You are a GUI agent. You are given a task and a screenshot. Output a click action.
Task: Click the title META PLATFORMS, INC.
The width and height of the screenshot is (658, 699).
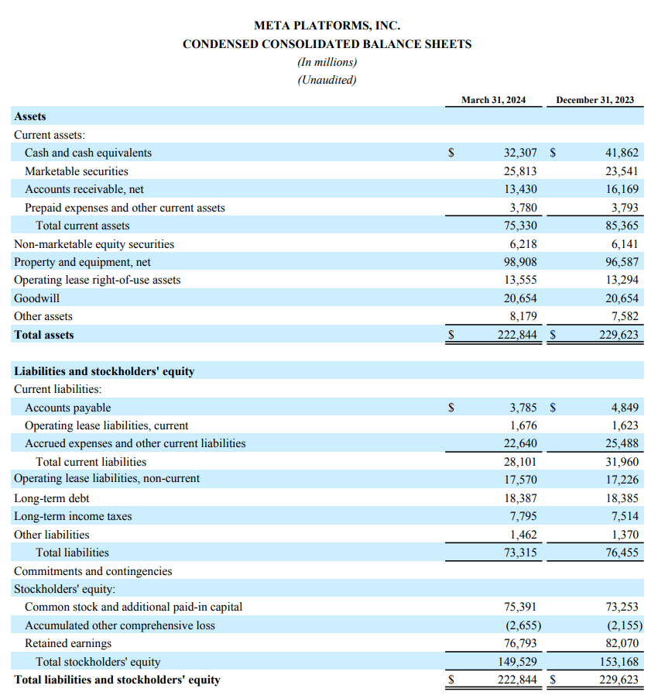(x=327, y=26)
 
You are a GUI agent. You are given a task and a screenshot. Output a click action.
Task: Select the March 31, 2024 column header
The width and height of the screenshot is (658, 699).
(x=493, y=100)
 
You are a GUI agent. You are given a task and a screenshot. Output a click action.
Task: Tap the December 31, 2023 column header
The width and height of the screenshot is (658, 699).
(x=595, y=100)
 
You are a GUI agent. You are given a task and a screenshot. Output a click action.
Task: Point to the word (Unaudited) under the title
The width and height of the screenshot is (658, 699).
(x=327, y=80)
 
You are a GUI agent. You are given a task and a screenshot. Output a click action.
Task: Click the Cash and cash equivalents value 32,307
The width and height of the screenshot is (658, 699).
(x=520, y=153)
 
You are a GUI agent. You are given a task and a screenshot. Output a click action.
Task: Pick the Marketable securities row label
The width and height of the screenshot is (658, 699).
(x=77, y=171)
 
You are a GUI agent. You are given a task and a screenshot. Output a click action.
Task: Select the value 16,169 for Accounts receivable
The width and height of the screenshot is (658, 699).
(x=622, y=189)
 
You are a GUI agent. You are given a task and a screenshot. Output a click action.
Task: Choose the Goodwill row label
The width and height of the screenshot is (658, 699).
(x=36, y=298)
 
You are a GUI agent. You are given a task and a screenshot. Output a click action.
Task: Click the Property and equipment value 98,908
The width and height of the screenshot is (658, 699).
(x=520, y=262)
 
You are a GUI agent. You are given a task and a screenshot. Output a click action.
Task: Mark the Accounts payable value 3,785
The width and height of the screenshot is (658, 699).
(x=523, y=408)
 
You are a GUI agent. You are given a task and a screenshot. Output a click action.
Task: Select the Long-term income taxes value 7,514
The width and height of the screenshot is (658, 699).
(x=625, y=516)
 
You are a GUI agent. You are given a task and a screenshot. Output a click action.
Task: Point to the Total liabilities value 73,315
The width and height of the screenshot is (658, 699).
(x=520, y=553)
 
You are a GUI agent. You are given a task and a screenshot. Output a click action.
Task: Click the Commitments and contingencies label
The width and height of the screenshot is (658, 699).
(x=93, y=571)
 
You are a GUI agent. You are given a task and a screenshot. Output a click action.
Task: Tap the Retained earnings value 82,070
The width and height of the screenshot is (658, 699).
(x=622, y=643)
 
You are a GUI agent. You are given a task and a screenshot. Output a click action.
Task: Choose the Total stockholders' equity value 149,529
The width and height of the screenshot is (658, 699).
(x=517, y=662)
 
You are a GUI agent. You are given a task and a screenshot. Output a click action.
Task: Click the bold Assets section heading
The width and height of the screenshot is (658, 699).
(x=30, y=116)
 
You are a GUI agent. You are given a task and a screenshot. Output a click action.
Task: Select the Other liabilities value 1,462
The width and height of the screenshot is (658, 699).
(x=523, y=535)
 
